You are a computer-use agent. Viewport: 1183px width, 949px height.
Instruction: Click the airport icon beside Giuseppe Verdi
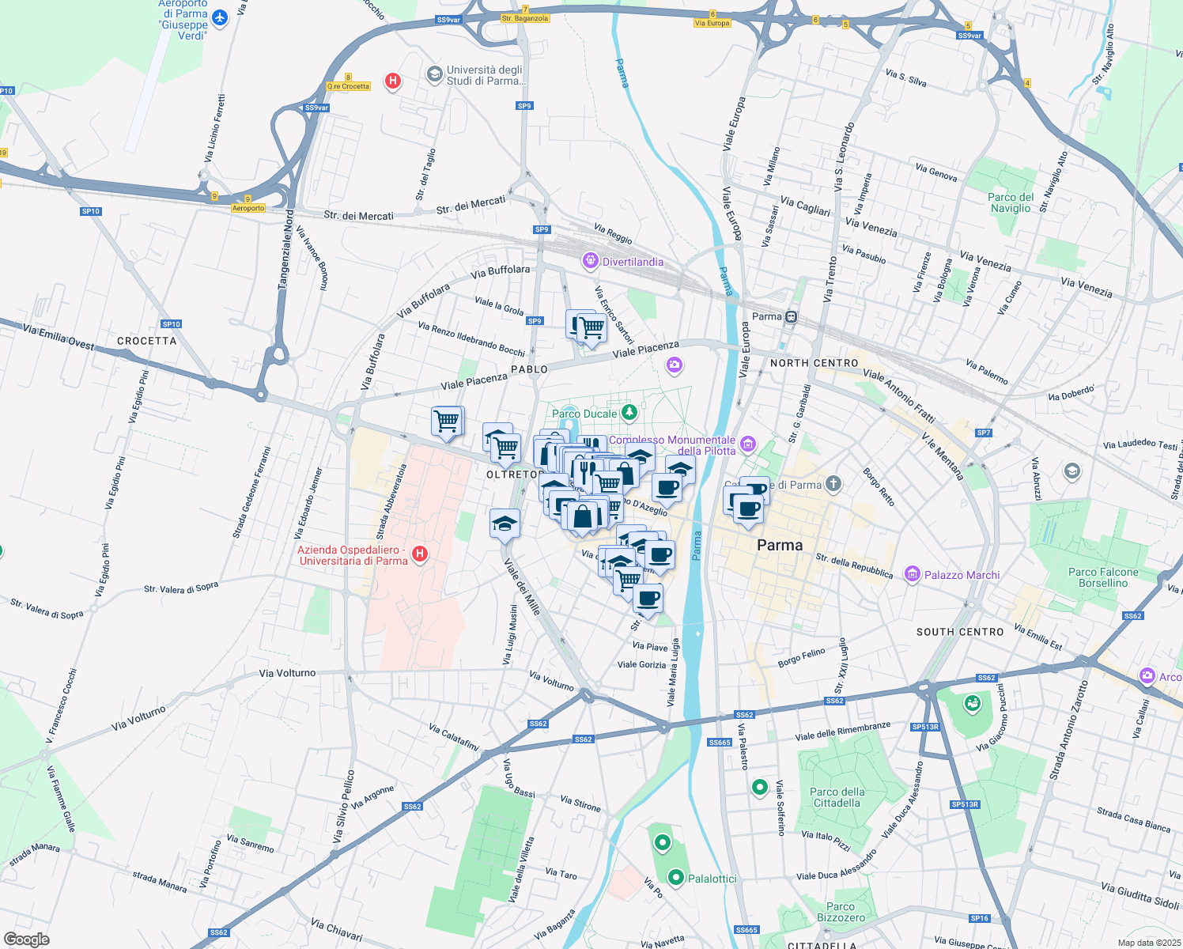(x=220, y=17)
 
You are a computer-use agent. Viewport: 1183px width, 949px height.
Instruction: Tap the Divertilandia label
(x=633, y=262)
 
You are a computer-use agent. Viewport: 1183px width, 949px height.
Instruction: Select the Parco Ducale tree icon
(x=629, y=412)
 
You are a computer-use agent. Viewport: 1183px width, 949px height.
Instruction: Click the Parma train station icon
(x=791, y=316)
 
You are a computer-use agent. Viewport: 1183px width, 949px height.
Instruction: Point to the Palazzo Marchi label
(x=962, y=575)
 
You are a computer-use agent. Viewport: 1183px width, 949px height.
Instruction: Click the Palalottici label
(x=712, y=879)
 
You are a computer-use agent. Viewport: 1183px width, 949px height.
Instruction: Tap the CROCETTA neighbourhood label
(x=147, y=341)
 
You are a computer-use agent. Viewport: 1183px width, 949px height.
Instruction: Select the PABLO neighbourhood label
(x=529, y=369)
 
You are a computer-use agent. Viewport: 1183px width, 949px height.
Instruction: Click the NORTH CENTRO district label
(x=814, y=363)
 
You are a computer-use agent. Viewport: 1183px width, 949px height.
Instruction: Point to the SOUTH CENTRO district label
(x=960, y=632)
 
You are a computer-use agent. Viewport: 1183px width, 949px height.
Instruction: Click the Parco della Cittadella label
(x=837, y=797)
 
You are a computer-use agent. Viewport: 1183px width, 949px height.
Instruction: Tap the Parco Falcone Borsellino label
(x=1103, y=577)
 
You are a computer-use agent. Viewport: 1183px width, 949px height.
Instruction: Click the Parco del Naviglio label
(x=1011, y=202)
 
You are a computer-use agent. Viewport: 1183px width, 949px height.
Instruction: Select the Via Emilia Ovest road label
(x=59, y=338)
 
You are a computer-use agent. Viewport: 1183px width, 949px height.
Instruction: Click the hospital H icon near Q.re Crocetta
(x=392, y=81)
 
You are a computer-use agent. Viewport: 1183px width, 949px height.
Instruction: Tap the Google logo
(x=27, y=940)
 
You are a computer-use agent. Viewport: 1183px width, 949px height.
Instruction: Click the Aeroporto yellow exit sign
(x=248, y=208)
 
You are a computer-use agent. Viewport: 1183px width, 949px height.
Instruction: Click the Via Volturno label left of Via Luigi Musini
(x=287, y=673)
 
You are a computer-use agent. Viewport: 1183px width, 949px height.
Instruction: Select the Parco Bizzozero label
(x=841, y=912)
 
